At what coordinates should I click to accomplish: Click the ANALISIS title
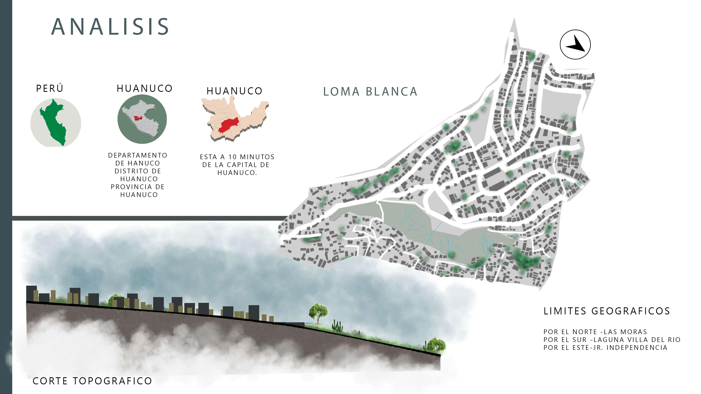(x=110, y=27)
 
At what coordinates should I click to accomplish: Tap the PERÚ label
(x=50, y=88)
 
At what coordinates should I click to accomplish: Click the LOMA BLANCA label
(x=370, y=92)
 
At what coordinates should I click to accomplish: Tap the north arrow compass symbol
(x=575, y=45)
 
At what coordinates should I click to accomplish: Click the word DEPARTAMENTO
(x=138, y=155)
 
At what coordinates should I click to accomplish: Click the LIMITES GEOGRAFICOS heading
(x=607, y=311)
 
